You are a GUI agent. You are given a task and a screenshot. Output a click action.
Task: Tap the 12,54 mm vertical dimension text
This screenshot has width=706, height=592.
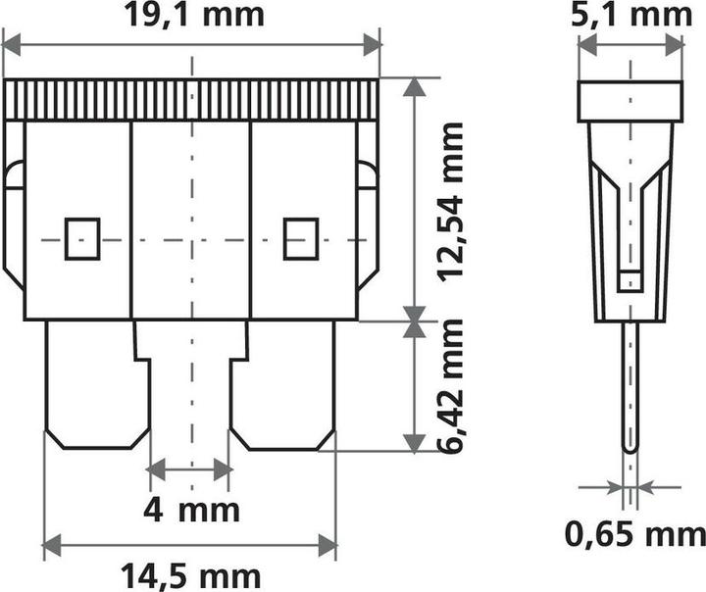[x=450, y=201]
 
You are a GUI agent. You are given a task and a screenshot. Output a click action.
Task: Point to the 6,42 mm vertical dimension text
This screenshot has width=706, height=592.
[x=450, y=387]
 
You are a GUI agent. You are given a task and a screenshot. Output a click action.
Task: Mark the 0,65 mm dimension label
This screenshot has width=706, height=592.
[x=634, y=534]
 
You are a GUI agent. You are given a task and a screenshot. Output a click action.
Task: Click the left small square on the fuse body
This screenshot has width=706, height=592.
[x=82, y=238]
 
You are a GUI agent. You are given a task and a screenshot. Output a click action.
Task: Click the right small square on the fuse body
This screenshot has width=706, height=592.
[x=301, y=238]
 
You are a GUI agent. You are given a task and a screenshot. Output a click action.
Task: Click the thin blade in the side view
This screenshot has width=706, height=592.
[x=630, y=387]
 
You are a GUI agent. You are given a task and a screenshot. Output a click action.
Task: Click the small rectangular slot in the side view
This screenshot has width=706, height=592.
[x=630, y=281]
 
